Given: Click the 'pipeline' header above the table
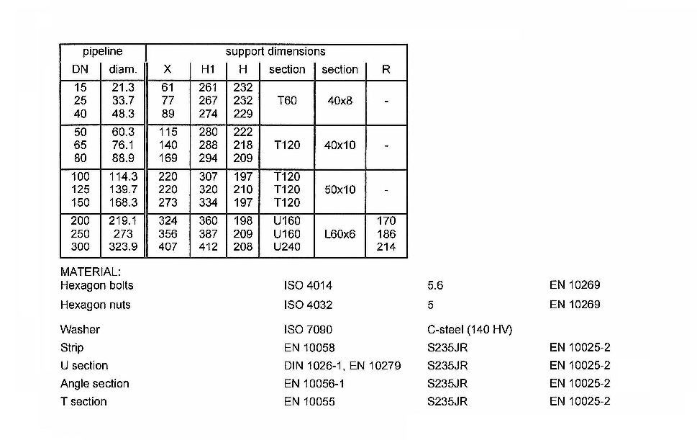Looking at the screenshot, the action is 103,52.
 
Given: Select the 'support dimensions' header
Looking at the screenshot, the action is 275,52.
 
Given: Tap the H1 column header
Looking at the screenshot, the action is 208,69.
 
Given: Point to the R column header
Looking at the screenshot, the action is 386,69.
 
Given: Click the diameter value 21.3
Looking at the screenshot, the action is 123,88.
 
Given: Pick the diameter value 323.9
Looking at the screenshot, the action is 123,247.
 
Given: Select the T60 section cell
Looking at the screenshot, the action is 287,101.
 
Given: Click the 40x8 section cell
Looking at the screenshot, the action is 340,101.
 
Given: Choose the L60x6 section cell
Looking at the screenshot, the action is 340,234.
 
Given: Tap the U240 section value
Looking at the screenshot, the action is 287,247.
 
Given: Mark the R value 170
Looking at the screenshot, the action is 386,221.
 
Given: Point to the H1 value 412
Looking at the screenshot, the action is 208,247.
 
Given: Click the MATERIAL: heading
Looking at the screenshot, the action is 91,271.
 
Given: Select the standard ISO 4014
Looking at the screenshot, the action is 308,285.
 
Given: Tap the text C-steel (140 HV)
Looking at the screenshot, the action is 470,330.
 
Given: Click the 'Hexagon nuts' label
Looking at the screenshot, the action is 96,305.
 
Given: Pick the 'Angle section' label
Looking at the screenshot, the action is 95,384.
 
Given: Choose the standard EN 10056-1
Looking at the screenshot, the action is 314,384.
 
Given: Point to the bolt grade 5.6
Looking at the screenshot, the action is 435,285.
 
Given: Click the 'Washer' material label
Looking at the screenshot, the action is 80,330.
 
